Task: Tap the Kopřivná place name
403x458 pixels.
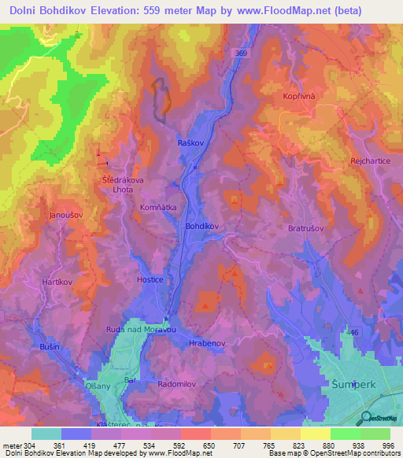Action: point(298,95)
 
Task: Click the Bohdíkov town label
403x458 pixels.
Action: point(201,225)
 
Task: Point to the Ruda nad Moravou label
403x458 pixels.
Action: point(142,330)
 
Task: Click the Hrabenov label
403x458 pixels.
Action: point(208,344)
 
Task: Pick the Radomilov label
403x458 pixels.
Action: point(176,385)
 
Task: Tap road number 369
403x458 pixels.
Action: point(241,53)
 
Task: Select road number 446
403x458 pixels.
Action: point(350,334)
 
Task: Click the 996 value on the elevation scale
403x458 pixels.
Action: point(386,445)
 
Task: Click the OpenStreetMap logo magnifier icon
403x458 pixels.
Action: point(367,419)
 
